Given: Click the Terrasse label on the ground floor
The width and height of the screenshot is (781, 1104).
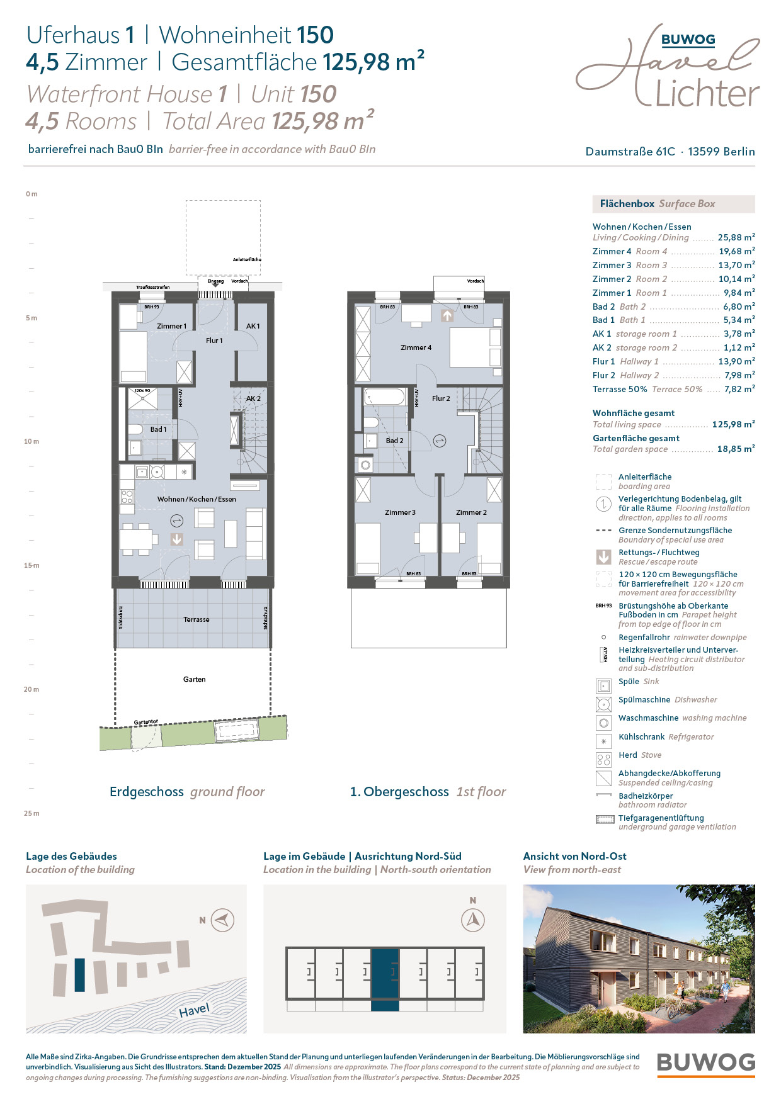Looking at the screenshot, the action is pos(197,619).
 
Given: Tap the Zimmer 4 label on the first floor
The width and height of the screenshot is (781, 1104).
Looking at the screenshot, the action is pos(416,347).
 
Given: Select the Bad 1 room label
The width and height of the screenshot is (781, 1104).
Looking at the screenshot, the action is pos(158,429).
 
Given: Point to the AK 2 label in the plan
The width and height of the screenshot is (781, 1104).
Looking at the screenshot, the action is pos(253,398).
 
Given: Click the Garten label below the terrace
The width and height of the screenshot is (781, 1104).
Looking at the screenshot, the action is pos(194,679).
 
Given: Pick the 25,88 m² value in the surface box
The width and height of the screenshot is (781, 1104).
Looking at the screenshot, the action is pos(736,237).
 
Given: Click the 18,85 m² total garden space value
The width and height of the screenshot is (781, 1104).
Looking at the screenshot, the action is pos(736,449).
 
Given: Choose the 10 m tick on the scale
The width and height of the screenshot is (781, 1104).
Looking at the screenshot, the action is pos(31,441).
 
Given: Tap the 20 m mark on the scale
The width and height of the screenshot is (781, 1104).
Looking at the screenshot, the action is pos(31,689).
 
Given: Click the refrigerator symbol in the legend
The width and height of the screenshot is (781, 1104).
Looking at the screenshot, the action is pos(603,741).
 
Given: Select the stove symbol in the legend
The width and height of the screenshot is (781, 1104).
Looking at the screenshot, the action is pos(603,759).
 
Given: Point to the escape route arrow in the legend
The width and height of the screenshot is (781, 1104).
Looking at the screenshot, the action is pos(603,557).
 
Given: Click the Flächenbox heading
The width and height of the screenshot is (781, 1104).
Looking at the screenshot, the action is pos(627,204).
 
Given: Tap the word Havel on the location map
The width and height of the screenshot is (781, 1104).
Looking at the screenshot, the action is pos(194,1010).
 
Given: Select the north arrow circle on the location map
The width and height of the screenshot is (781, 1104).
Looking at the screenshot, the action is pos(222,920).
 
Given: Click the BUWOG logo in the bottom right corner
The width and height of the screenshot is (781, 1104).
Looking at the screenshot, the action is pos(705,1064).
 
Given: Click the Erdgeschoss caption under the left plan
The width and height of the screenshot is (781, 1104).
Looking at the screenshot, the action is pos(147,792).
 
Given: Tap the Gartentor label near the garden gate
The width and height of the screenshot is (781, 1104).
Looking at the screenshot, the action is pos(146,722).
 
